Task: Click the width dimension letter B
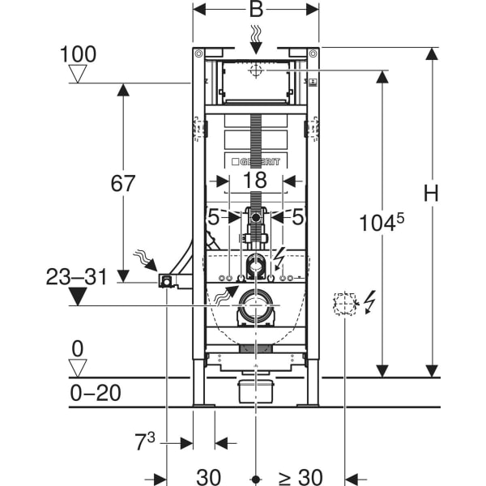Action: coord(256,9)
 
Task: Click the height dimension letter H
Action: coord(431,193)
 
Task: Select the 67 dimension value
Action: coord(123,183)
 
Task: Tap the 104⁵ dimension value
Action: coord(382,222)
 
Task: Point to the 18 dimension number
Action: coord(255,180)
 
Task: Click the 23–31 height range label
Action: coord(77,277)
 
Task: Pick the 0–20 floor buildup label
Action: coord(96,393)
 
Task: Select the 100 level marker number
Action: coord(78,54)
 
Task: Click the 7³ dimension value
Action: coord(144,441)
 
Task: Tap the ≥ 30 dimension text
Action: coord(301,477)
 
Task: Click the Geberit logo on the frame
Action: coord(256,161)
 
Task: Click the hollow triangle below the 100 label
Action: coord(78,74)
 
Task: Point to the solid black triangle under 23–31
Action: coord(78,296)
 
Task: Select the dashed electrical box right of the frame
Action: coord(344,304)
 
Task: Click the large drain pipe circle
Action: coord(256,305)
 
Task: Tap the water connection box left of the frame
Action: coord(165,281)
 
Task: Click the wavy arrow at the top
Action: coord(256,40)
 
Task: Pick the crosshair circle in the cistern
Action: coord(256,70)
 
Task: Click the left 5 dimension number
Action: coord(213,217)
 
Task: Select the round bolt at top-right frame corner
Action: coord(313,54)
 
